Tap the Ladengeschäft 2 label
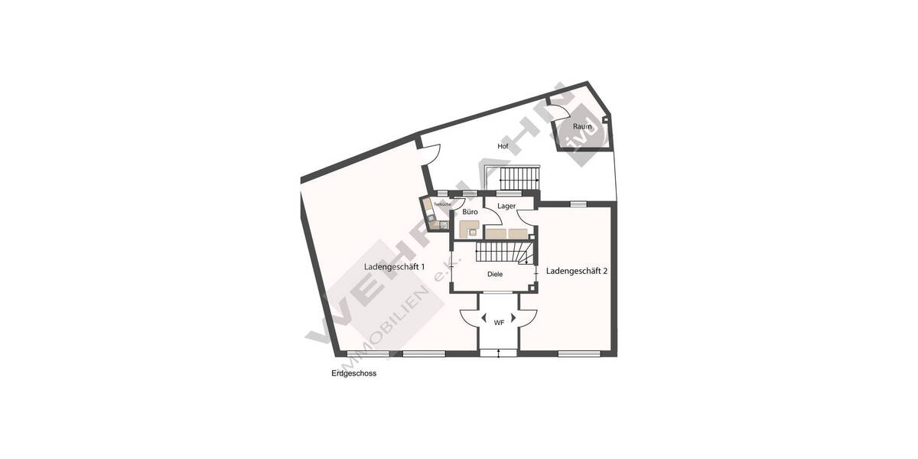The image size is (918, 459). click(x=577, y=271)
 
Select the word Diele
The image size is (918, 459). click(x=496, y=274)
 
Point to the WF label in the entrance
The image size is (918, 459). click(x=499, y=323)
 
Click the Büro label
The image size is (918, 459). click(x=470, y=212)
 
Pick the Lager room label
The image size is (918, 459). click(x=506, y=207)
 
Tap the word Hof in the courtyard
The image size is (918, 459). click(x=503, y=145)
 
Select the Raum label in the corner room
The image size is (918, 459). click(x=583, y=126)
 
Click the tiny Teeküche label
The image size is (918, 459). click(x=442, y=204)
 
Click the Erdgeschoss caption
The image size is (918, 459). click(x=353, y=375)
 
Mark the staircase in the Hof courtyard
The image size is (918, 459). click(x=519, y=177)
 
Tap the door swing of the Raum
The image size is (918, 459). click(x=556, y=109)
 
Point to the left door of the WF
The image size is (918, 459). click(x=469, y=317)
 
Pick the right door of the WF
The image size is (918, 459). click(x=528, y=317)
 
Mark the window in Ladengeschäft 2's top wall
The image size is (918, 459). click(x=578, y=203)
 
